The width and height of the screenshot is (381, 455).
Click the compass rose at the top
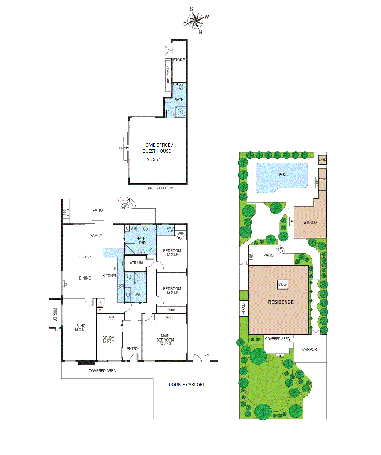[x=196, y=21]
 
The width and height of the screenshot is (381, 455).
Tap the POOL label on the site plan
[x=283, y=175]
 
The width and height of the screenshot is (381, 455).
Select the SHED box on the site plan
[x=322, y=160]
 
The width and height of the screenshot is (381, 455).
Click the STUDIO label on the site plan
[x=310, y=222]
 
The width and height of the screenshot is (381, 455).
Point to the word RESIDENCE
[x=281, y=302]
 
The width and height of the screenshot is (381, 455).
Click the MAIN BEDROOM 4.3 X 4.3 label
[x=165, y=340]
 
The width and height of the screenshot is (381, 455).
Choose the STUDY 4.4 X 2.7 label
[x=108, y=340]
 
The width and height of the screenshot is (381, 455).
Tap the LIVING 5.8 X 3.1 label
[x=80, y=327]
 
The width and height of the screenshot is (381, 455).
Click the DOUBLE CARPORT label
[x=187, y=385]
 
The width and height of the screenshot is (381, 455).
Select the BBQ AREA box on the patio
[x=66, y=212]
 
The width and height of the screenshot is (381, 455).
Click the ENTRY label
[x=132, y=349]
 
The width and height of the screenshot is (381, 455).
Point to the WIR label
[x=181, y=233]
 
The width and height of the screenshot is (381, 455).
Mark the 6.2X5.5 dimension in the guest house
[x=154, y=160]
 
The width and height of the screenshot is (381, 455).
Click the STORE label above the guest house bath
[x=179, y=60]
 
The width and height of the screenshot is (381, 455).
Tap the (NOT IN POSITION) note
[x=161, y=188]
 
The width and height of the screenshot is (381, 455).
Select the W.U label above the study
[x=111, y=317]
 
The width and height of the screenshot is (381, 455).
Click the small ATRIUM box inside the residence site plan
[x=282, y=284]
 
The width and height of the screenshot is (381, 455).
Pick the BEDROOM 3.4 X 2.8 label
[x=172, y=252]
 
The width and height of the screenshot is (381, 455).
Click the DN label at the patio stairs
[x=123, y=208]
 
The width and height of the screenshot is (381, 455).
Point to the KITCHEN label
[x=110, y=276]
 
